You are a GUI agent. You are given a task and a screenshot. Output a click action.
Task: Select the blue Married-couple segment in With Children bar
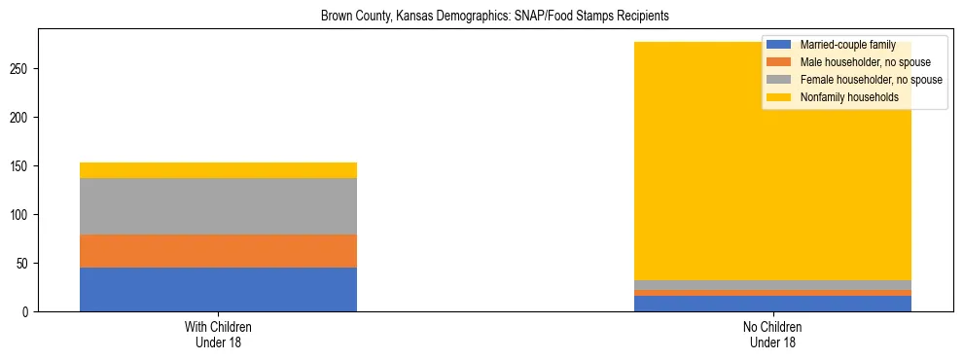(x=218, y=289)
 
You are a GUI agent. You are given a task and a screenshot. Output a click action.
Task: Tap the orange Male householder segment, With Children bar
(x=218, y=251)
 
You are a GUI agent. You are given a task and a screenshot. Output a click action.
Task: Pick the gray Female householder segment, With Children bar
(x=218, y=206)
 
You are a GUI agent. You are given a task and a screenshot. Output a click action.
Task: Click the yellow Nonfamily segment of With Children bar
(x=218, y=170)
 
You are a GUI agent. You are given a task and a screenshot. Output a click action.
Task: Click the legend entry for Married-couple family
(x=847, y=45)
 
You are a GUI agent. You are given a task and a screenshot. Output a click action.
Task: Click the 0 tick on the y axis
(x=28, y=312)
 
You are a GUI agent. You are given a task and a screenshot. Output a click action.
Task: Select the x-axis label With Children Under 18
(x=218, y=334)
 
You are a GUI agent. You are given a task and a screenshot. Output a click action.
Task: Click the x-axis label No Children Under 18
(x=773, y=334)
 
